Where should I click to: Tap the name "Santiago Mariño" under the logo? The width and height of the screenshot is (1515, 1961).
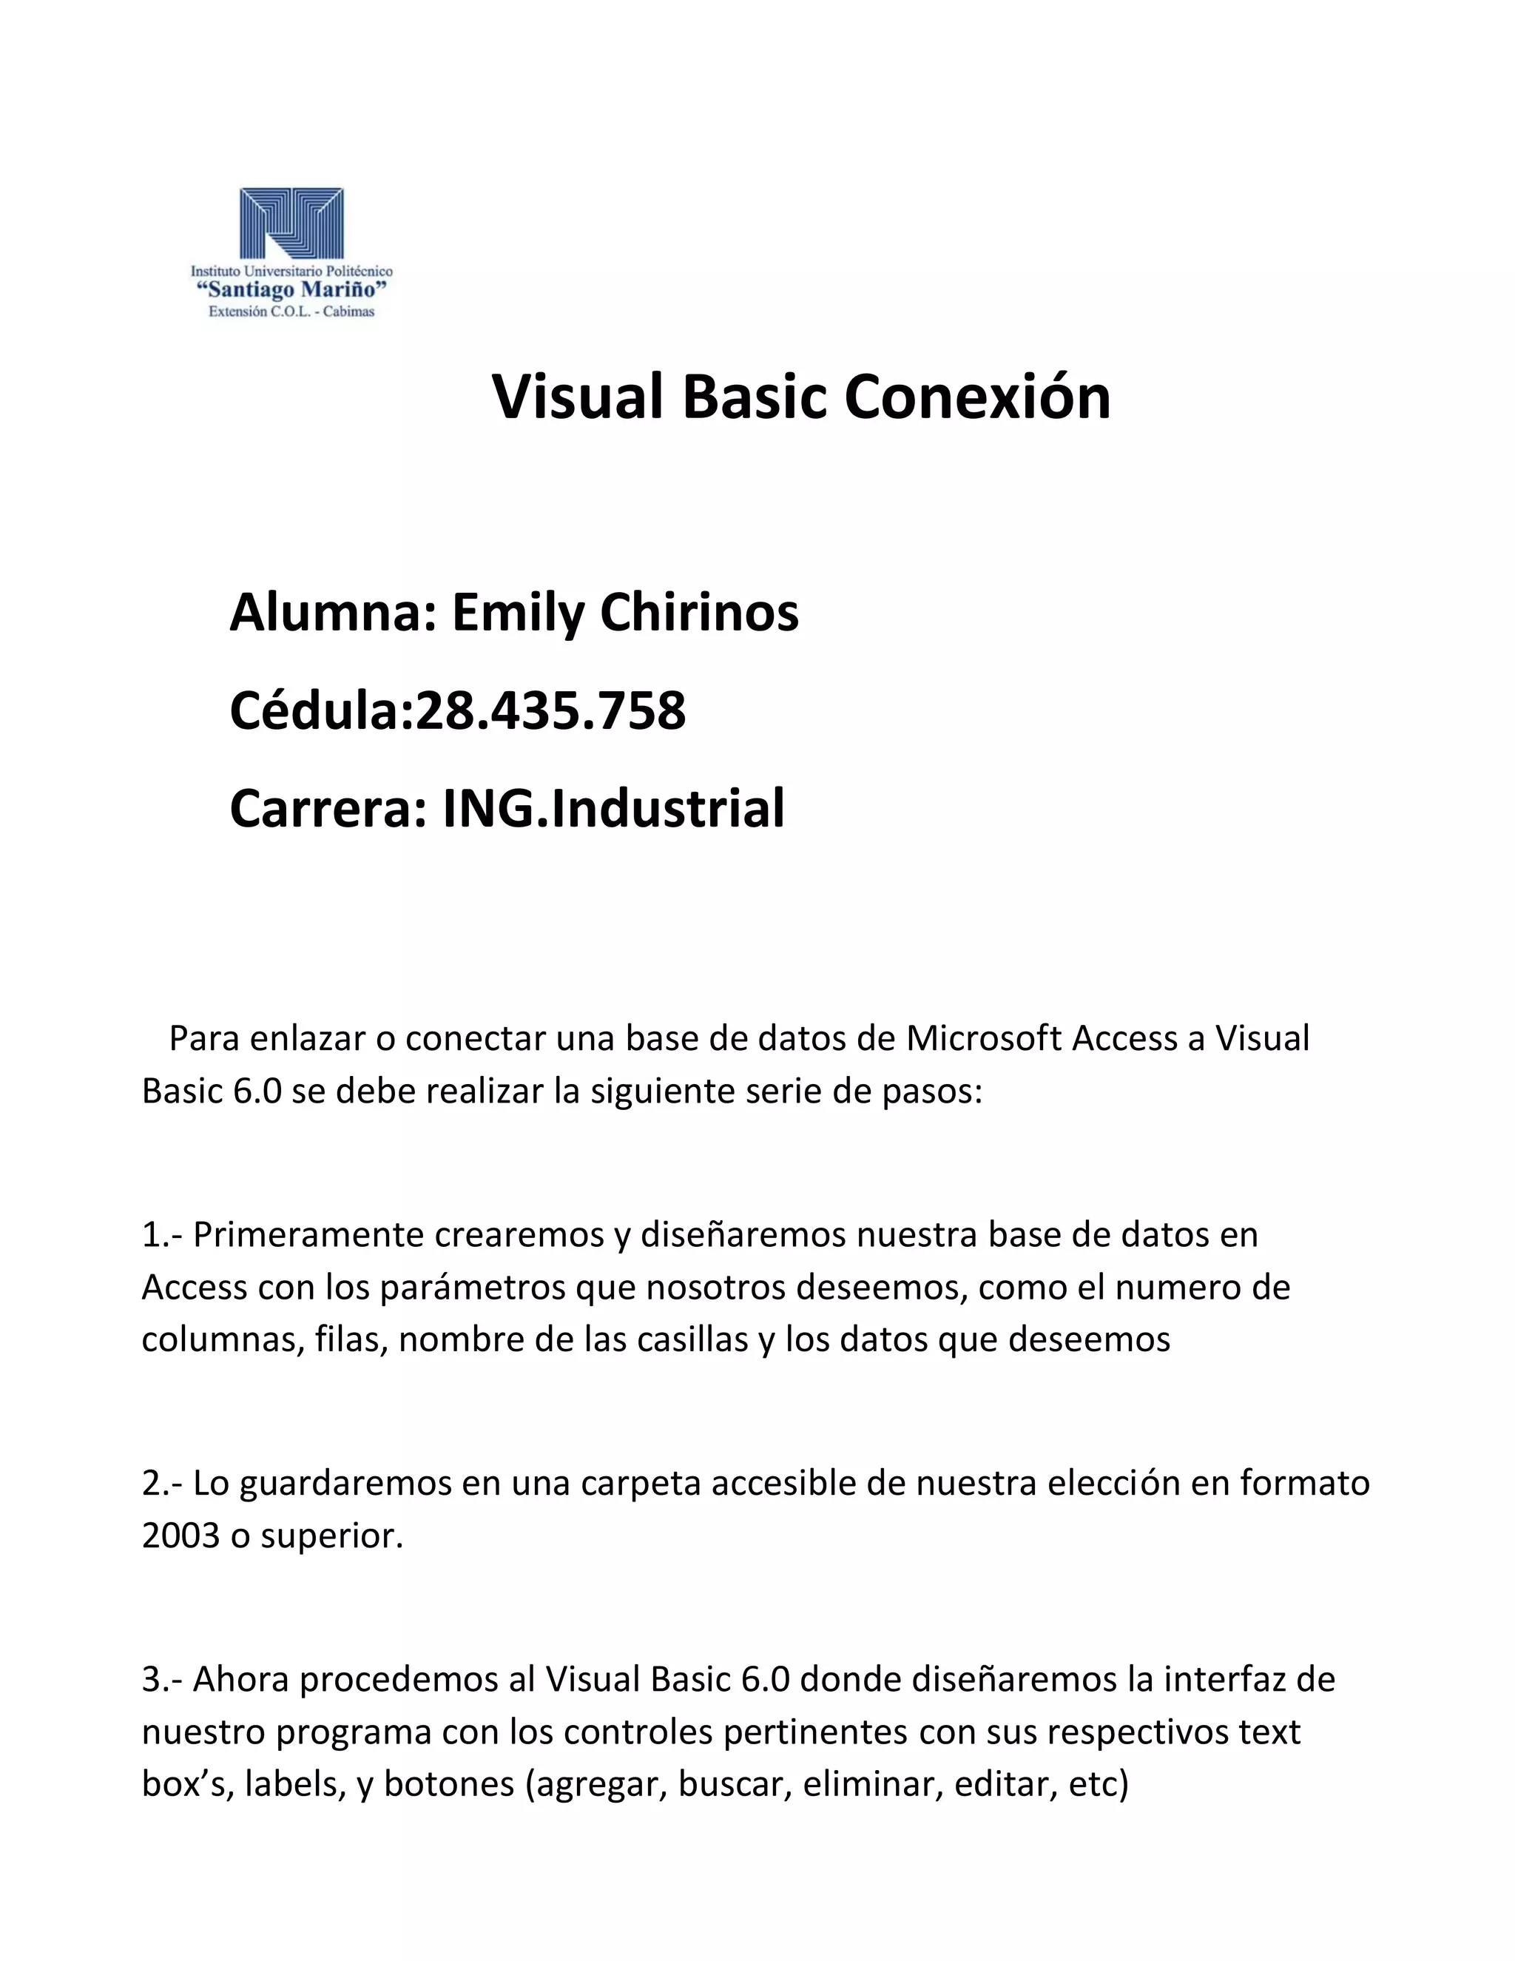point(291,289)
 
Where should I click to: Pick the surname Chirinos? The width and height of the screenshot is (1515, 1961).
point(699,613)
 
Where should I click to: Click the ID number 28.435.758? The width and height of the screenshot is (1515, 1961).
point(550,710)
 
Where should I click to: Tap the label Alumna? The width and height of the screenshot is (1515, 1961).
point(333,613)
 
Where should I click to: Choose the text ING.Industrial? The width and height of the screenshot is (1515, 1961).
point(614,807)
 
